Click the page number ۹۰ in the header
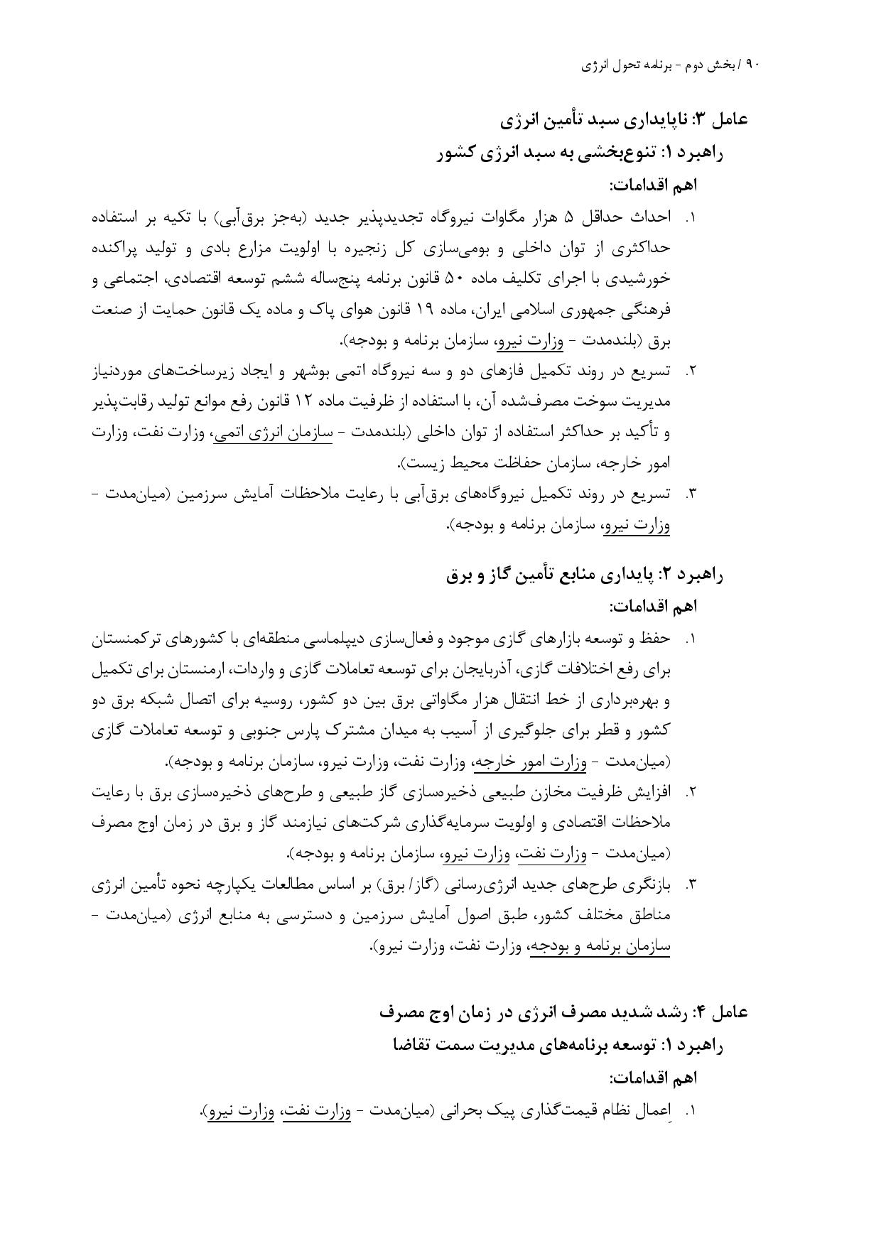(x=754, y=65)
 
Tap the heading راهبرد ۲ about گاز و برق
(x=585, y=575)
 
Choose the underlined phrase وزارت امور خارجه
(x=530, y=763)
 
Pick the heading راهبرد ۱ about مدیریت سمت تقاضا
(x=557, y=1045)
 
